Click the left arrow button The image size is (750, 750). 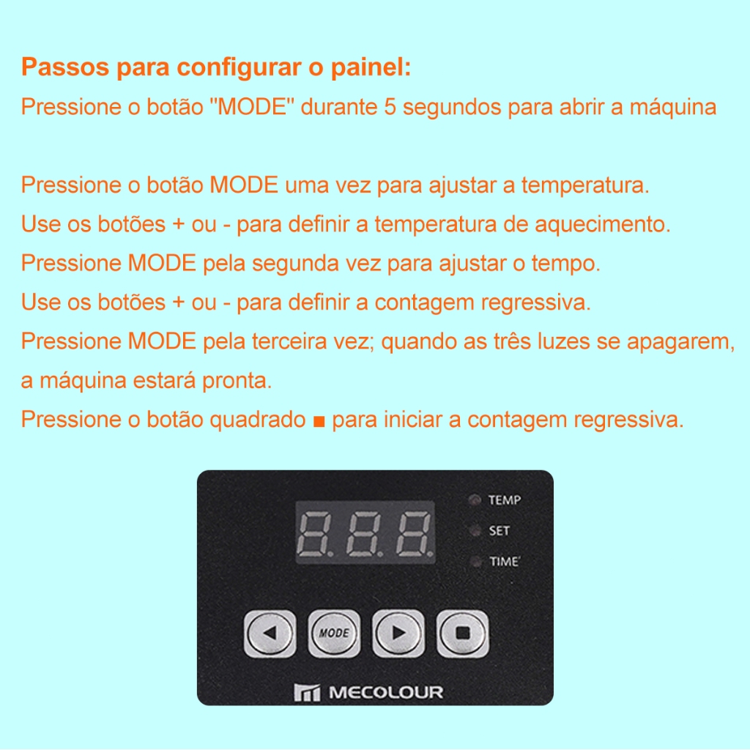click(x=270, y=634)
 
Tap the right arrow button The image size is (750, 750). click(x=398, y=634)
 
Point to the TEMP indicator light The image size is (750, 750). click(x=475, y=500)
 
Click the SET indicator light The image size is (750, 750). click(x=475, y=530)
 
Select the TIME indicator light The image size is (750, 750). click(x=475, y=561)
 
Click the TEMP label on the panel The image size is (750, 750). click(x=505, y=500)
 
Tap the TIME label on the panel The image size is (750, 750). click(x=504, y=561)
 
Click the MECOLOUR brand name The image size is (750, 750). click(x=386, y=692)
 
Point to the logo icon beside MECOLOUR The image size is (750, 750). click(x=307, y=693)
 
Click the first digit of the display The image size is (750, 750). click(x=314, y=533)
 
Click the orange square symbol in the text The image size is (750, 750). click(x=319, y=421)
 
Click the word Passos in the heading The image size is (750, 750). click(x=65, y=67)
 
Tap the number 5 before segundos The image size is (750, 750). click(x=390, y=107)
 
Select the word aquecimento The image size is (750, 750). click(x=603, y=224)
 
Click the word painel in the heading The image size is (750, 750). click(x=371, y=67)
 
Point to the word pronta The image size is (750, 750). click(x=237, y=381)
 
